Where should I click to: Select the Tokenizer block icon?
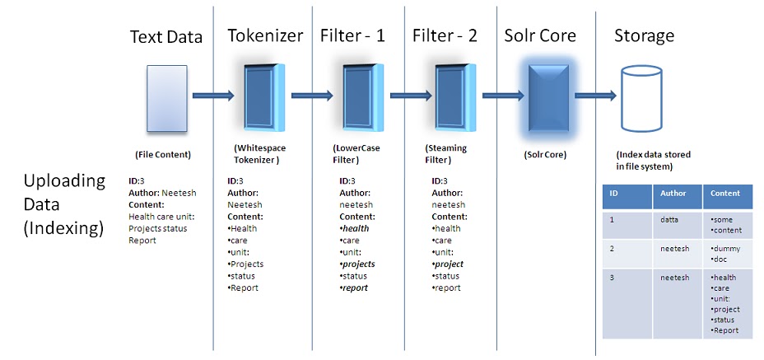[263, 96]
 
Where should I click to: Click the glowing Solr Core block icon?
[546, 96]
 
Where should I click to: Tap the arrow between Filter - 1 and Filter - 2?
[409, 96]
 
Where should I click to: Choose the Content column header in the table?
[725, 194]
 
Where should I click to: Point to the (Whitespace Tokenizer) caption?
[257, 154]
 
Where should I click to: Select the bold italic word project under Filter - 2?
[450, 264]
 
